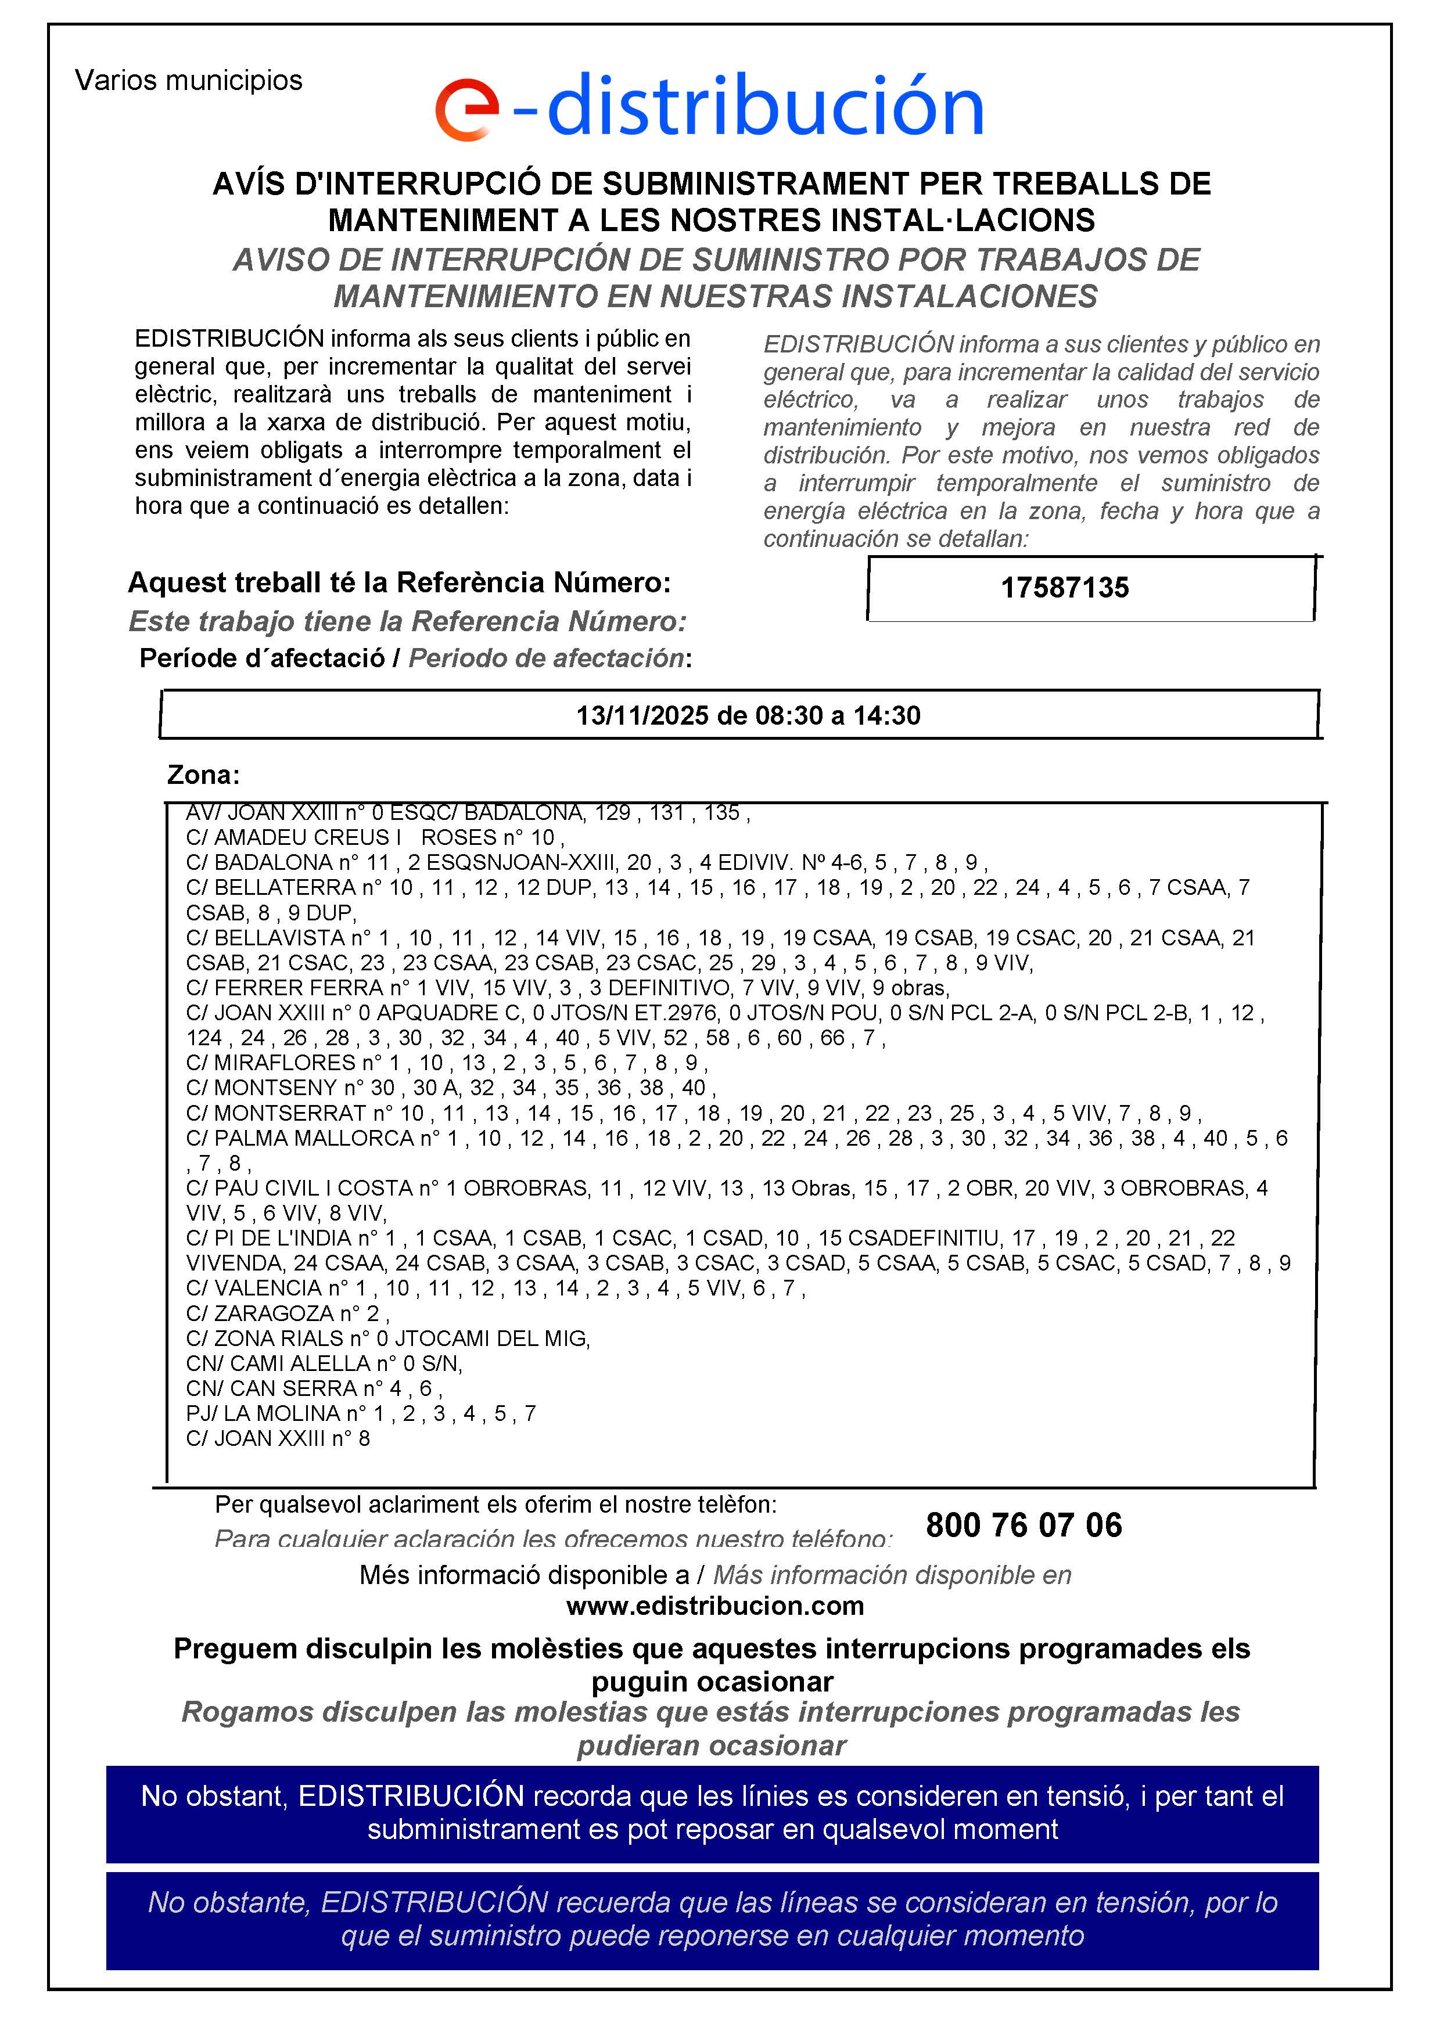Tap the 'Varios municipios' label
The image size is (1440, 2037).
click(x=188, y=81)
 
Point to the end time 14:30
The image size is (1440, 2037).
click(x=886, y=716)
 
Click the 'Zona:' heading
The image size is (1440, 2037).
click(x=203, y=775)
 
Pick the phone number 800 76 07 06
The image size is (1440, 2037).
click(x=1024, y=1525)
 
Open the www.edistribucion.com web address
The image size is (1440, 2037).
click(x=714, y=1606)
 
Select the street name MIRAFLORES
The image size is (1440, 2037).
click(x=285, y=1063)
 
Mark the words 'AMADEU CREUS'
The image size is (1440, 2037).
click(x=301, y=837)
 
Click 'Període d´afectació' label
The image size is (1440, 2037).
click(x=262, y=658)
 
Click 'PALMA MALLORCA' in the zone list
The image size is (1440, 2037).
click(x=314, y=1138)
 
